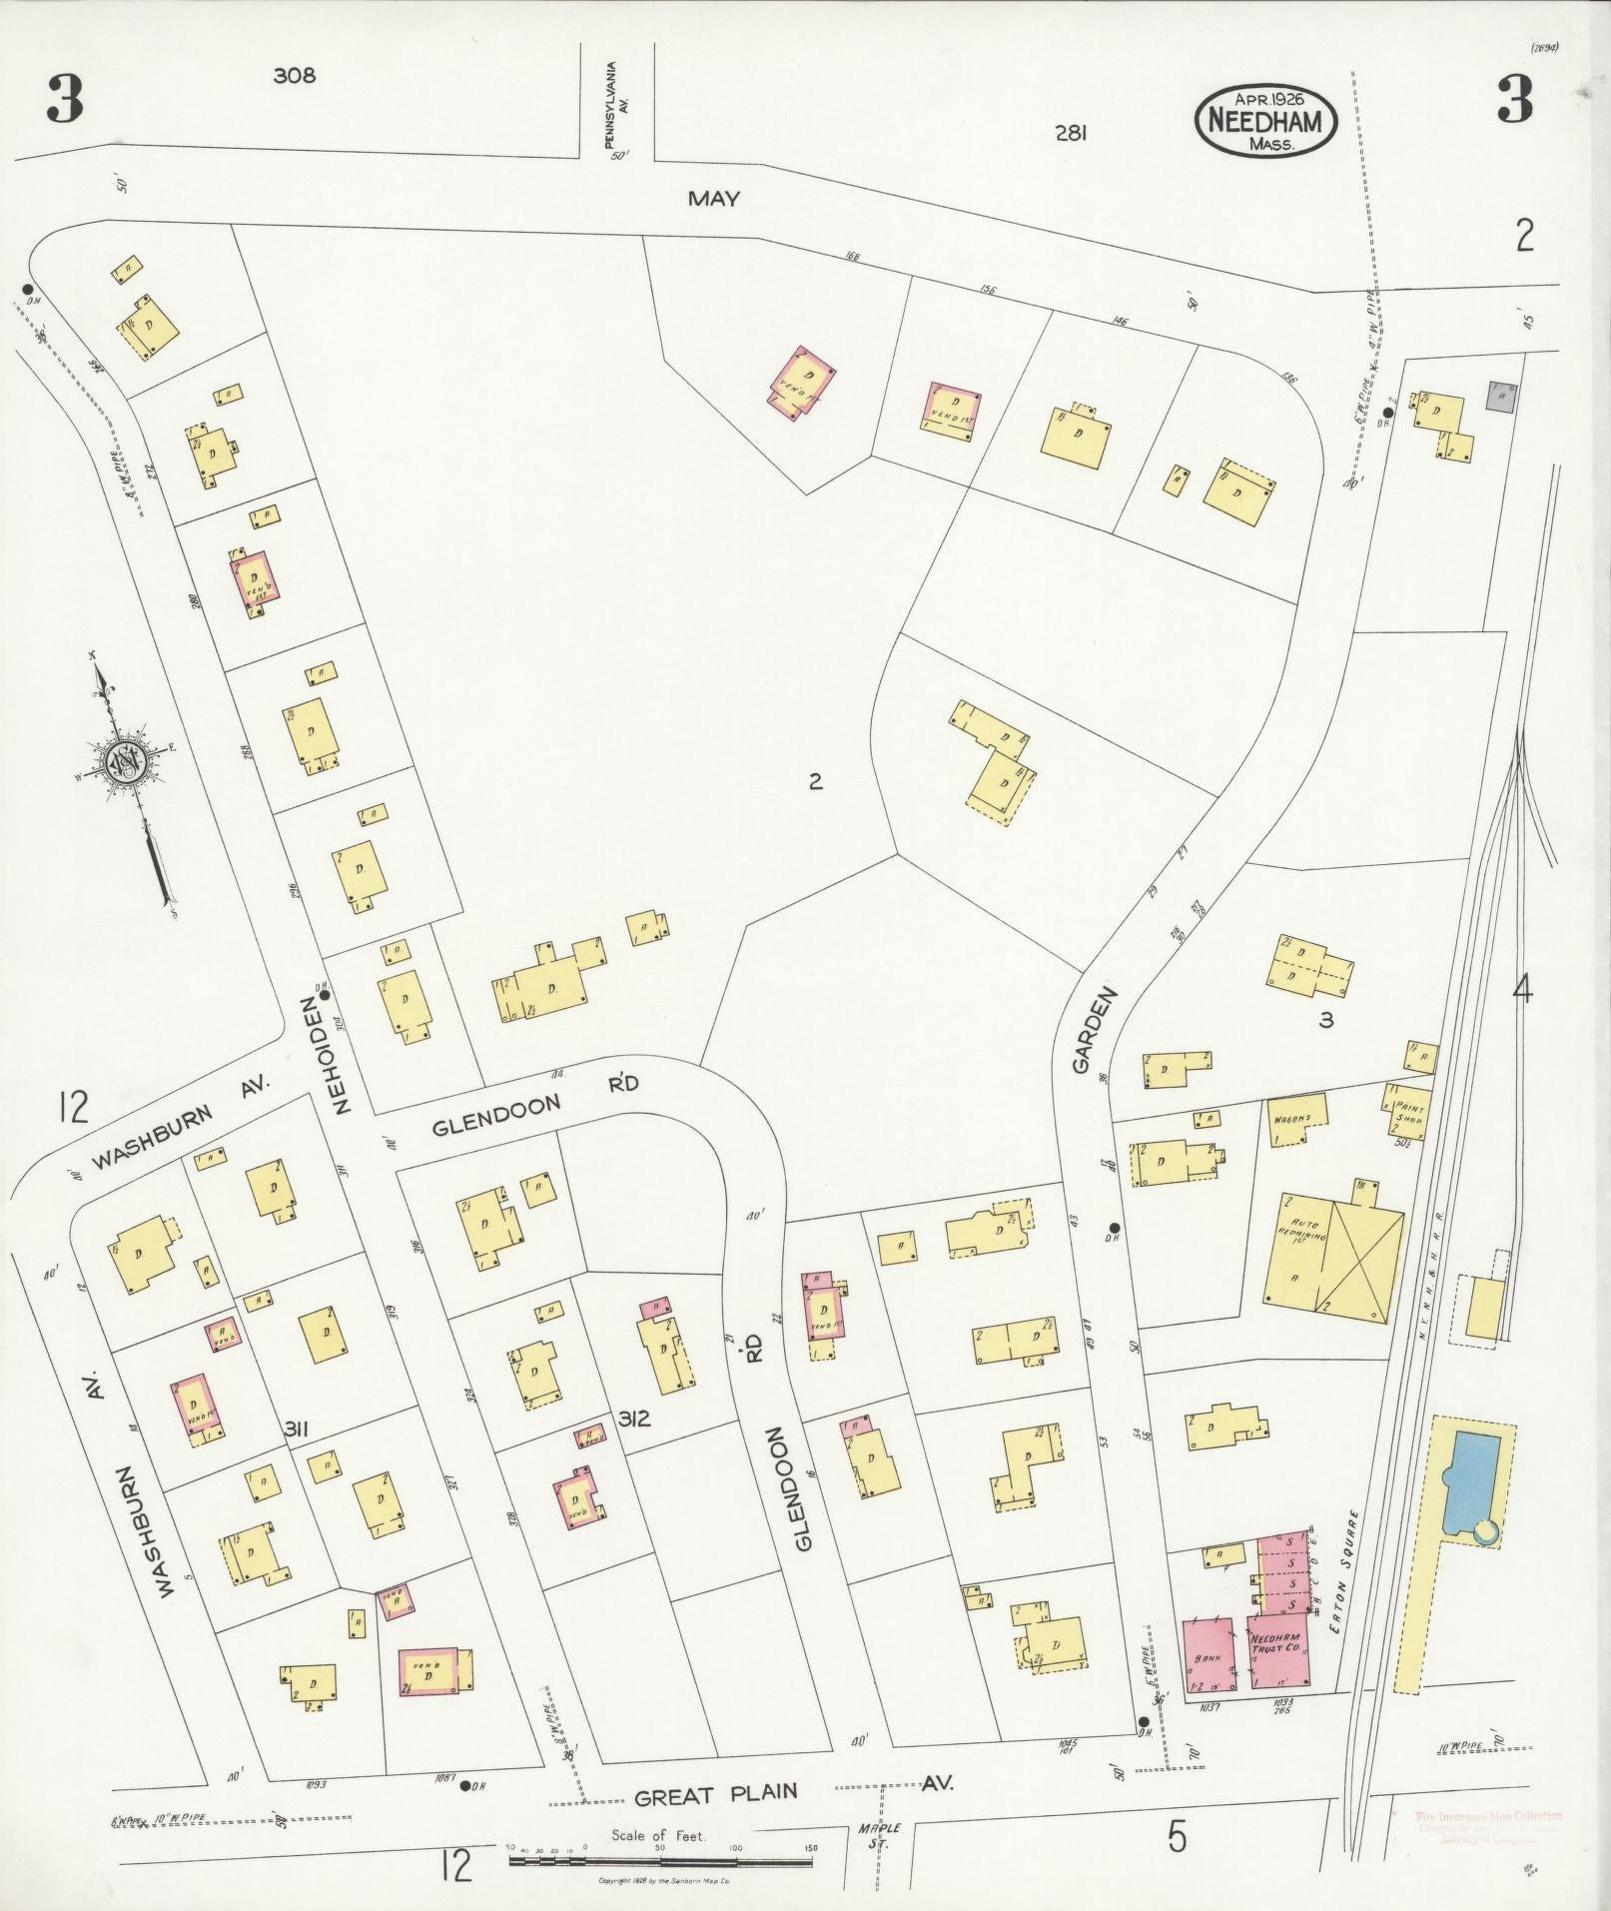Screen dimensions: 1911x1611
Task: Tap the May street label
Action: (713, 199)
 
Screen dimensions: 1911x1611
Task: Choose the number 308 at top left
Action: (294, 75)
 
